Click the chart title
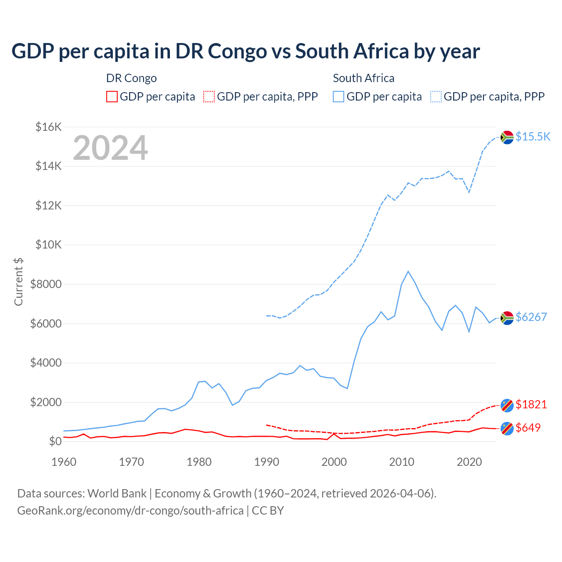click(x=245, y=51)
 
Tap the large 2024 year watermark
click(x=110, y=148)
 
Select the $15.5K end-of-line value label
click(x=533, y=137)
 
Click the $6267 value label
click(x=531, y=317)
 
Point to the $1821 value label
click(x=531, y=404)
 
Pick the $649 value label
click(x=528, y=428)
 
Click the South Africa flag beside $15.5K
click(x=507, y=137)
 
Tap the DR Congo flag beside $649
click(x=507, y=429)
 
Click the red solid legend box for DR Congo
click(x=112, y=97)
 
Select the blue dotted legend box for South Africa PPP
click(x=436, y=97)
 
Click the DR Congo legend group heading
click(x=131, y=78)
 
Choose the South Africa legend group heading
click(x=364, y=78)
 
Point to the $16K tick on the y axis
click(x=48, y=127)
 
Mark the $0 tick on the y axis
click(x=55, y=441)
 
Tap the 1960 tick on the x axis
click(x=64, y=462)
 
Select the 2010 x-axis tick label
click(x=402, y=462)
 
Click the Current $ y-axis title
click(x=18, y=282)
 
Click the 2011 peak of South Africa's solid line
click(x=408, y=271)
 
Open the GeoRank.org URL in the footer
click(x=130, y=511)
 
